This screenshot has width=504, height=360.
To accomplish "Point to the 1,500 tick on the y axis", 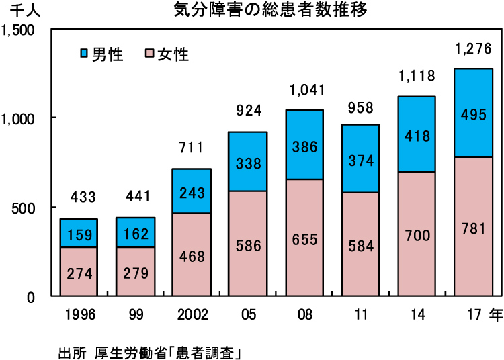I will (x=22, y=30).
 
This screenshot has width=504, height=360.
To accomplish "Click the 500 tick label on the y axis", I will (x=27, y=208).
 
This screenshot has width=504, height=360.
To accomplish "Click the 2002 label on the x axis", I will (x=192, y=315).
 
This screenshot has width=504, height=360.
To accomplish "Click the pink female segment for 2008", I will (x=304, y=237).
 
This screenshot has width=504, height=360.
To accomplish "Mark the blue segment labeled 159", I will (x=79, y=233).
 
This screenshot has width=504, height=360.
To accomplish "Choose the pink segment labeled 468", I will (x=192, y=255).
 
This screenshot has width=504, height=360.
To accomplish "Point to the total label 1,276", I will (x=474, y=49).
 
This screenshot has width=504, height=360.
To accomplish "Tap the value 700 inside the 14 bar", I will (x=417, y=235).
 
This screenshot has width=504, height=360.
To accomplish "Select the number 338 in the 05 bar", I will (x=248, y=163).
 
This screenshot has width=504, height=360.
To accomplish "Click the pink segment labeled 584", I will (x=361, y=244).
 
